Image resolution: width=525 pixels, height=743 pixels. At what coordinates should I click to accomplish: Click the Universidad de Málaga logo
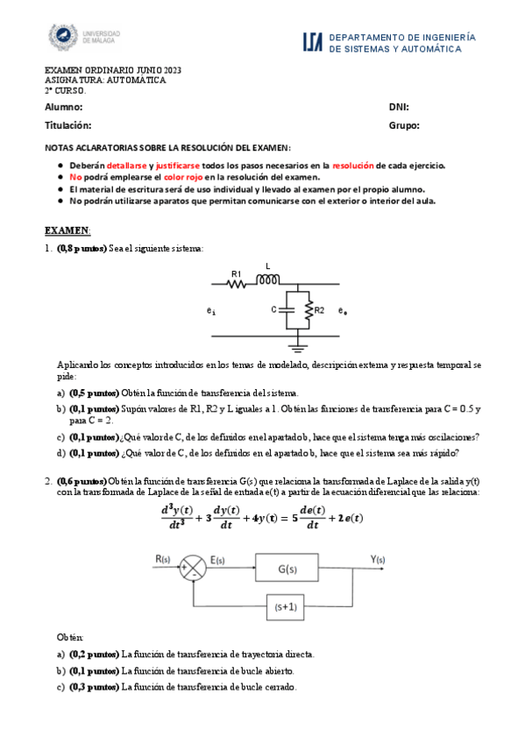(83, 36)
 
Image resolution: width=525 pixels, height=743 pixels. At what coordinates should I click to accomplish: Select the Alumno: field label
(64, 107)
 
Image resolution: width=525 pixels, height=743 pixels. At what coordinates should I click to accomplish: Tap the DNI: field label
(399, 107)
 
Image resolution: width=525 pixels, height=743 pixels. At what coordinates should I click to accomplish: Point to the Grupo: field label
(404, 125)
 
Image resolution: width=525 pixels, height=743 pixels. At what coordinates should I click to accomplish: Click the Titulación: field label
(67, 125)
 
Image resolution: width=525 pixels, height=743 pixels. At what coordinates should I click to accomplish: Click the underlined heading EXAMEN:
(67, 230)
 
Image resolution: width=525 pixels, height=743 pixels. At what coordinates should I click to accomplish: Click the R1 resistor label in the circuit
(236, 273)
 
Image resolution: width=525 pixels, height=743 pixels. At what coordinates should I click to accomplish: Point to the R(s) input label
(164, 559)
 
